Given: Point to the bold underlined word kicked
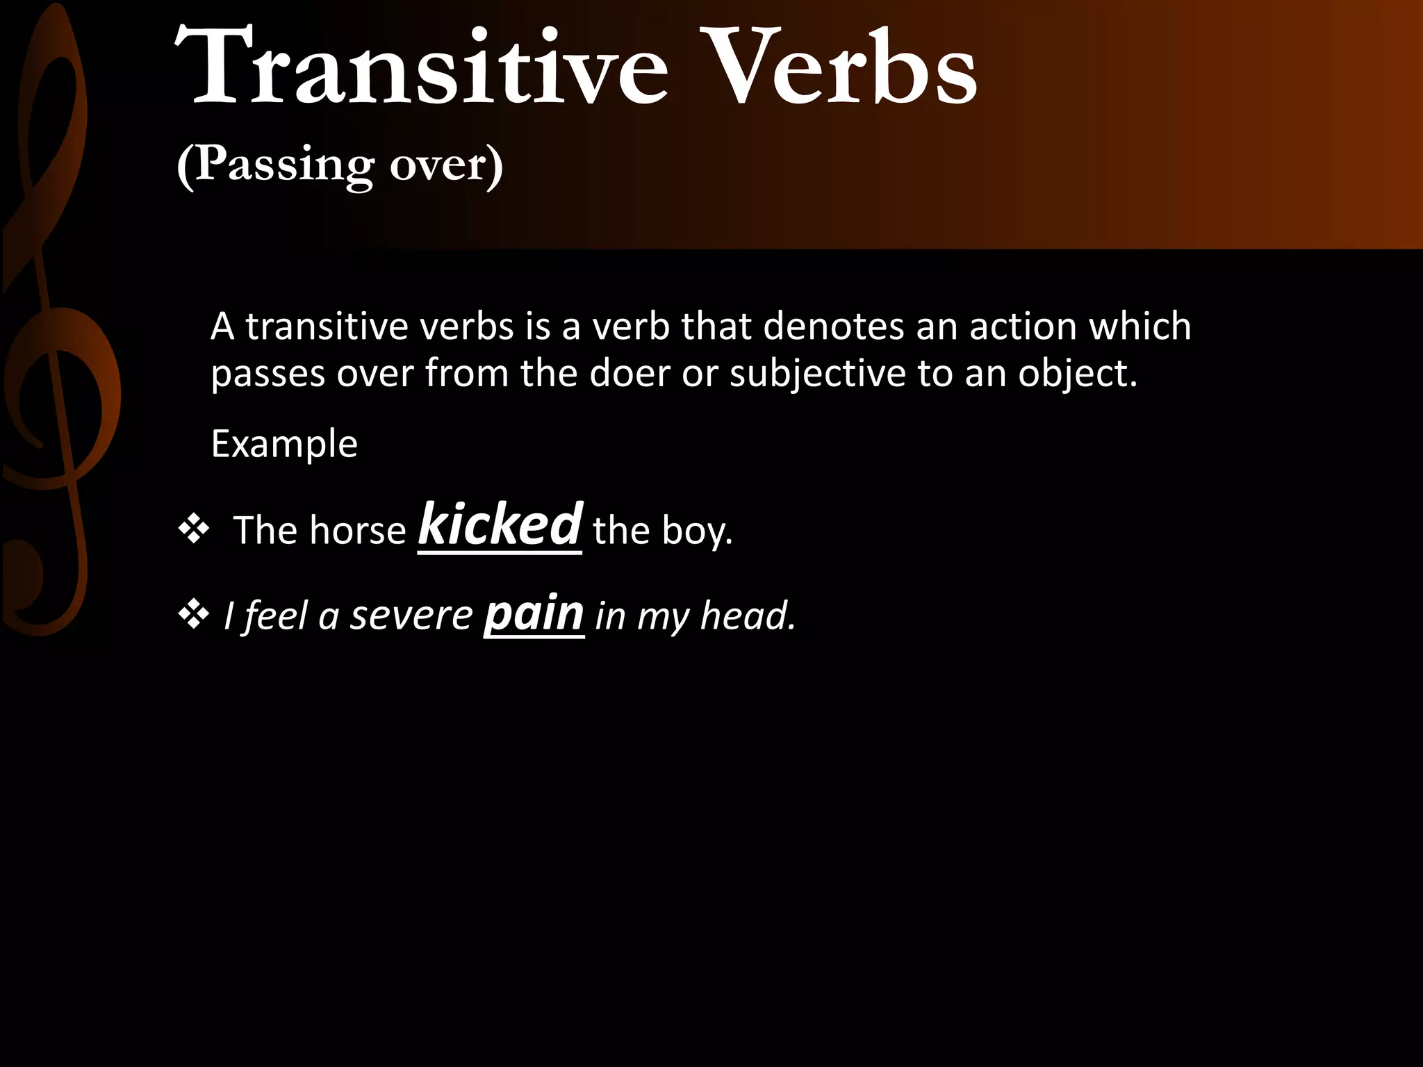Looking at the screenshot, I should (x=500, y=525).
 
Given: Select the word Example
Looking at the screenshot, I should (x=284, y=444).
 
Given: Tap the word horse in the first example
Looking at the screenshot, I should (x=358, y=531).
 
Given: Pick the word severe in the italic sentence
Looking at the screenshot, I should (x=411, y=615).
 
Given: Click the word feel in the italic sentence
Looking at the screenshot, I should (x=276, y=615).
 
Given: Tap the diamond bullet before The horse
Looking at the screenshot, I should (x=194, y=530).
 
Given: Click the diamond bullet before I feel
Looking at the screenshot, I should (x=194, y=614).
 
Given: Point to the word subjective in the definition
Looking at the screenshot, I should (x=817, y=373).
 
